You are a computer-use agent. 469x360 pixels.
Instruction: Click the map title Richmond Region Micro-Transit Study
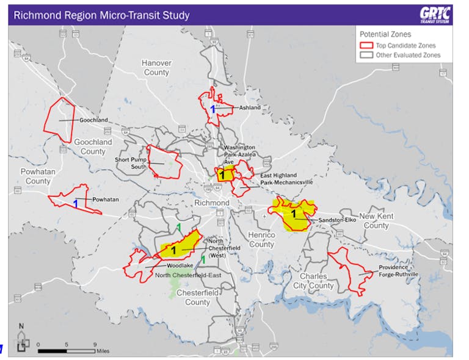(x=101, y=15)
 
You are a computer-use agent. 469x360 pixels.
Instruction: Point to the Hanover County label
(x=156, y=68)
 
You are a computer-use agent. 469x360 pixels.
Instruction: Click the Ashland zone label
(x=249, y=107)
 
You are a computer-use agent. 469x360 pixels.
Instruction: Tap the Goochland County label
(x=93, y=146)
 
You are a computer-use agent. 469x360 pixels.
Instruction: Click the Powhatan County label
(x=38, y=176)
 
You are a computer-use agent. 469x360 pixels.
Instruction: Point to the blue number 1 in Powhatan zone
(x=76, y=203)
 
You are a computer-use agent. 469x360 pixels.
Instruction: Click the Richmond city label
(x=211, y=203)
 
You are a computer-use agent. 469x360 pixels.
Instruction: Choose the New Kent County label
(x=374, y=221)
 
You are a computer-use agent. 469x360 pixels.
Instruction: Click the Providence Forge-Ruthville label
(x=398, y=271)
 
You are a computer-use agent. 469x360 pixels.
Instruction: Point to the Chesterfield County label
(x=197, y=298)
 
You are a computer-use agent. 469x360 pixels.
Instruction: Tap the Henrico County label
(x=261, y=240)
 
